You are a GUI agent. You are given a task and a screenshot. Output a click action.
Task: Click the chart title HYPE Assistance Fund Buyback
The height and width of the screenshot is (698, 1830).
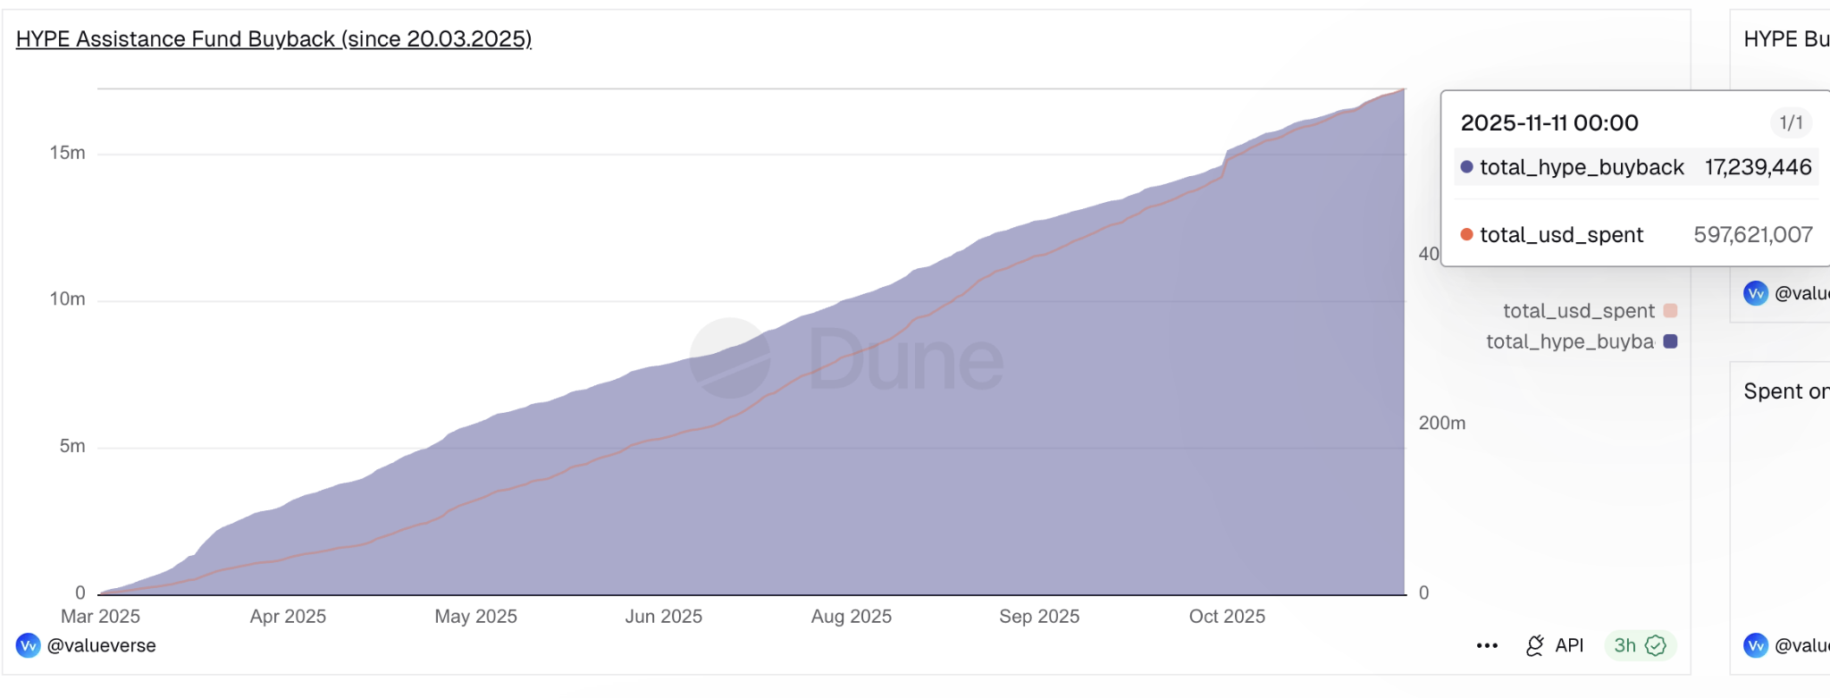coord(273,39)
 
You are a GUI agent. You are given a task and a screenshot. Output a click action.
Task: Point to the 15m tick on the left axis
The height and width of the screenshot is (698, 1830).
coord(68,153)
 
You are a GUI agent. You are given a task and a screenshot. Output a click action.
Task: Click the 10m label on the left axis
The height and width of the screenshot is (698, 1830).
coord(68,299)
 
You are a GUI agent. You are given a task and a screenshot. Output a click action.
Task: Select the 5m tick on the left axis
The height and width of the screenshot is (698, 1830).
coord(72,446)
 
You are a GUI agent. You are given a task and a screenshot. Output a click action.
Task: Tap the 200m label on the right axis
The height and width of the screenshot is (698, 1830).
coord(1441,423)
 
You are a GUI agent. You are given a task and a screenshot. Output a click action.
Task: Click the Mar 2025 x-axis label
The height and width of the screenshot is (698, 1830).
coord(100,617)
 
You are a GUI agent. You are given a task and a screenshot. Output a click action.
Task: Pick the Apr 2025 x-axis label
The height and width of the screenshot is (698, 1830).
coord(288,617)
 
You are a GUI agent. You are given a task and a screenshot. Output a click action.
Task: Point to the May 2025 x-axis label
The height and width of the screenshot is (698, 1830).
coord(475,617)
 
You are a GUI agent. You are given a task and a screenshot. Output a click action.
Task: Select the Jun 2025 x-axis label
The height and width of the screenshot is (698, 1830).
coord(663,617)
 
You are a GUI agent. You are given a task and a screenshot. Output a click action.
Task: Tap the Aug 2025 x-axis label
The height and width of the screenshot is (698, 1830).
coord(851,617)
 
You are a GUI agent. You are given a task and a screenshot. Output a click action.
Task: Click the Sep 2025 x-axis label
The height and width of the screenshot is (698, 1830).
coord(1039,617)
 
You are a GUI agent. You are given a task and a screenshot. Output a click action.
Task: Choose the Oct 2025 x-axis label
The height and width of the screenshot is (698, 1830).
coord(1227,617)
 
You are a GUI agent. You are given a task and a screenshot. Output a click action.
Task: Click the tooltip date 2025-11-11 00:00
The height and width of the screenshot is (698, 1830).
coord(1549,123)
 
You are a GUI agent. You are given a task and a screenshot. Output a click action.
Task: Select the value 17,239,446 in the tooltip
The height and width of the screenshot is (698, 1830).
coord(1758,167)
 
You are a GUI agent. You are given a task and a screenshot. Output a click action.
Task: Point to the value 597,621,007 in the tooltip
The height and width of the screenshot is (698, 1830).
coord(1752,235)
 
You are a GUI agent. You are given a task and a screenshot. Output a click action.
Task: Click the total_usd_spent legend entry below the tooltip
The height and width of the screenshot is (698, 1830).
coord(1579,311)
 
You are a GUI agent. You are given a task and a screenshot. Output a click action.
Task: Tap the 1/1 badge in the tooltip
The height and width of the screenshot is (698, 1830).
coord(1791,123)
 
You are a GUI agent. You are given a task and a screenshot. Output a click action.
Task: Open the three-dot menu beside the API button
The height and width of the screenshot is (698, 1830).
coord(1487,646)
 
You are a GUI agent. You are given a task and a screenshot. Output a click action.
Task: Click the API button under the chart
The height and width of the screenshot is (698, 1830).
coord(1556,646)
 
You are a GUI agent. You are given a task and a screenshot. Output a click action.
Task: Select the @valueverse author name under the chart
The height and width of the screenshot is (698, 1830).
coord(101,646)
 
